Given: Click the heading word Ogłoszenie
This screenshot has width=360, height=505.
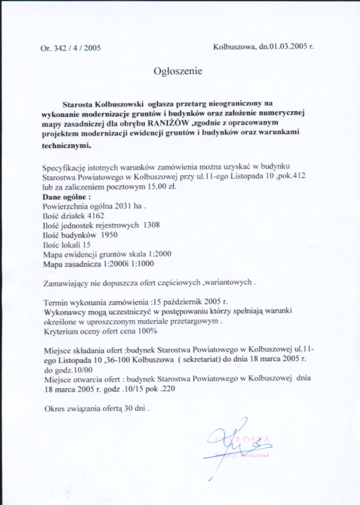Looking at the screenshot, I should click(178, 71).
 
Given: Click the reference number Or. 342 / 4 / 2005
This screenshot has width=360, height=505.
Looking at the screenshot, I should click(71, 48).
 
